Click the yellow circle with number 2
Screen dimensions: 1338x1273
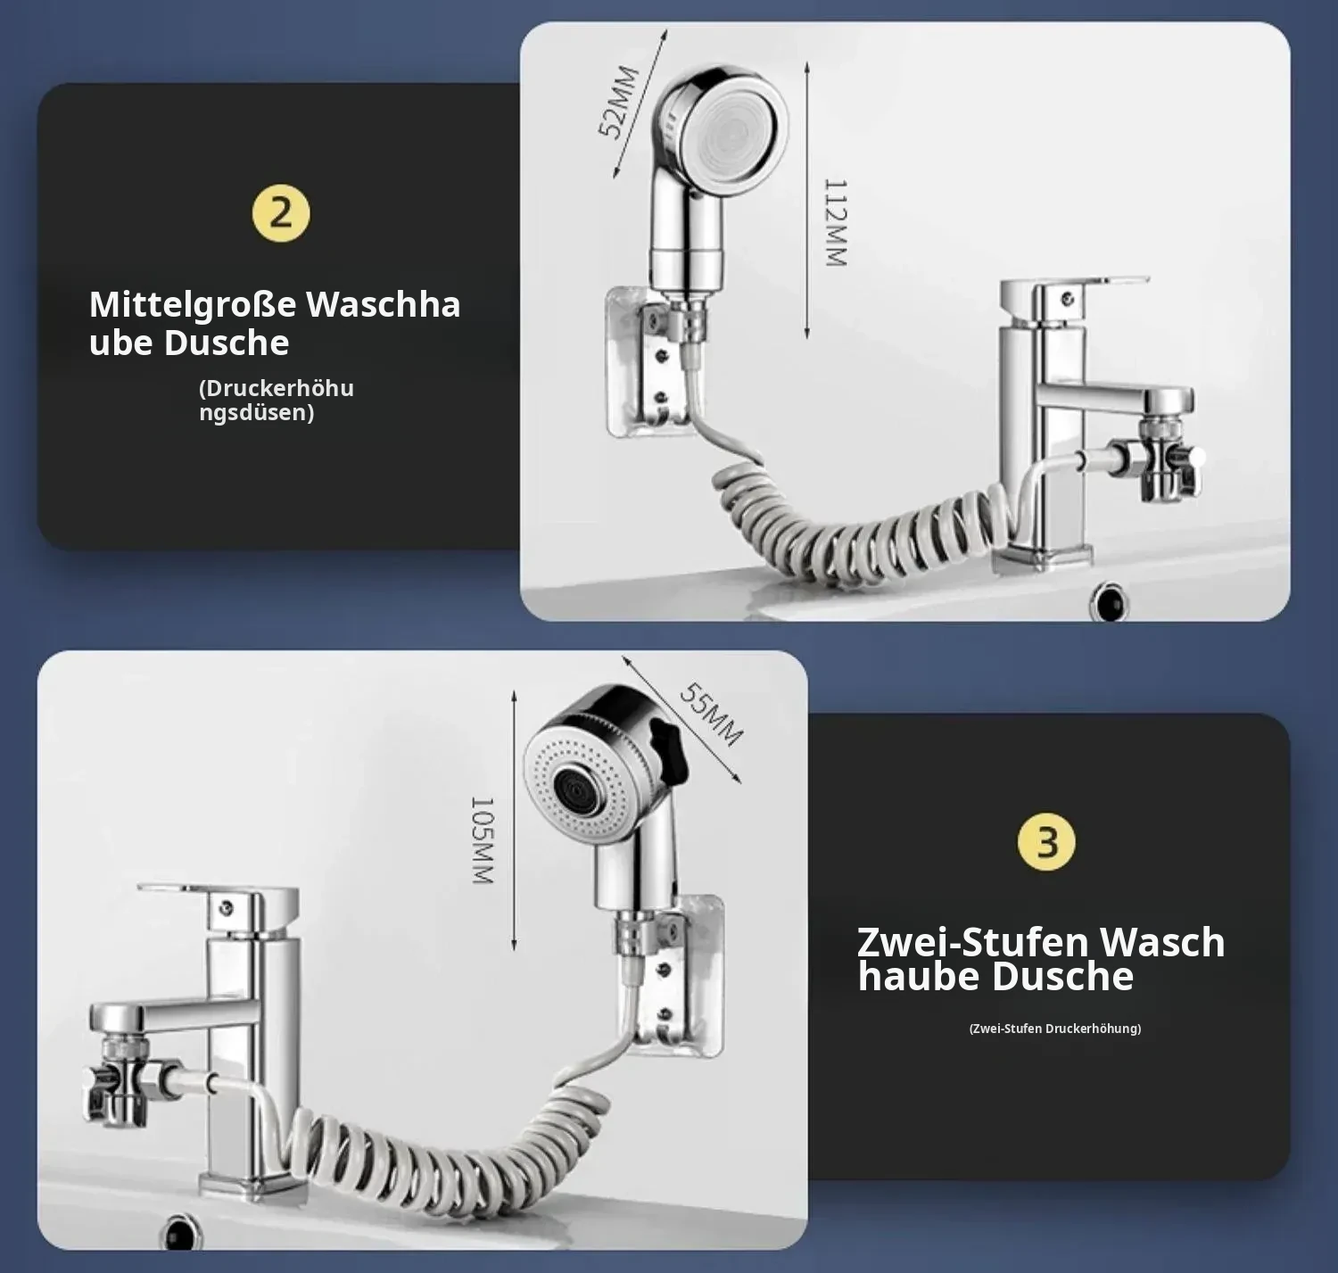tap(281, 213)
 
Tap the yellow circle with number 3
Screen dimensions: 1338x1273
tap(1046, 842)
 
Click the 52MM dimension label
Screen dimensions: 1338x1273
tap(619, 102)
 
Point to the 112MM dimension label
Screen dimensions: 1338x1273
tap(835, 223)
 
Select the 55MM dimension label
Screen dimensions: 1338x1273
tap(712, 714)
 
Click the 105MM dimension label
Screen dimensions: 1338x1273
tap(482, 840)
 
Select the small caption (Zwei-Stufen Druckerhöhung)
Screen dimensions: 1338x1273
tap(1055, 1029)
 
